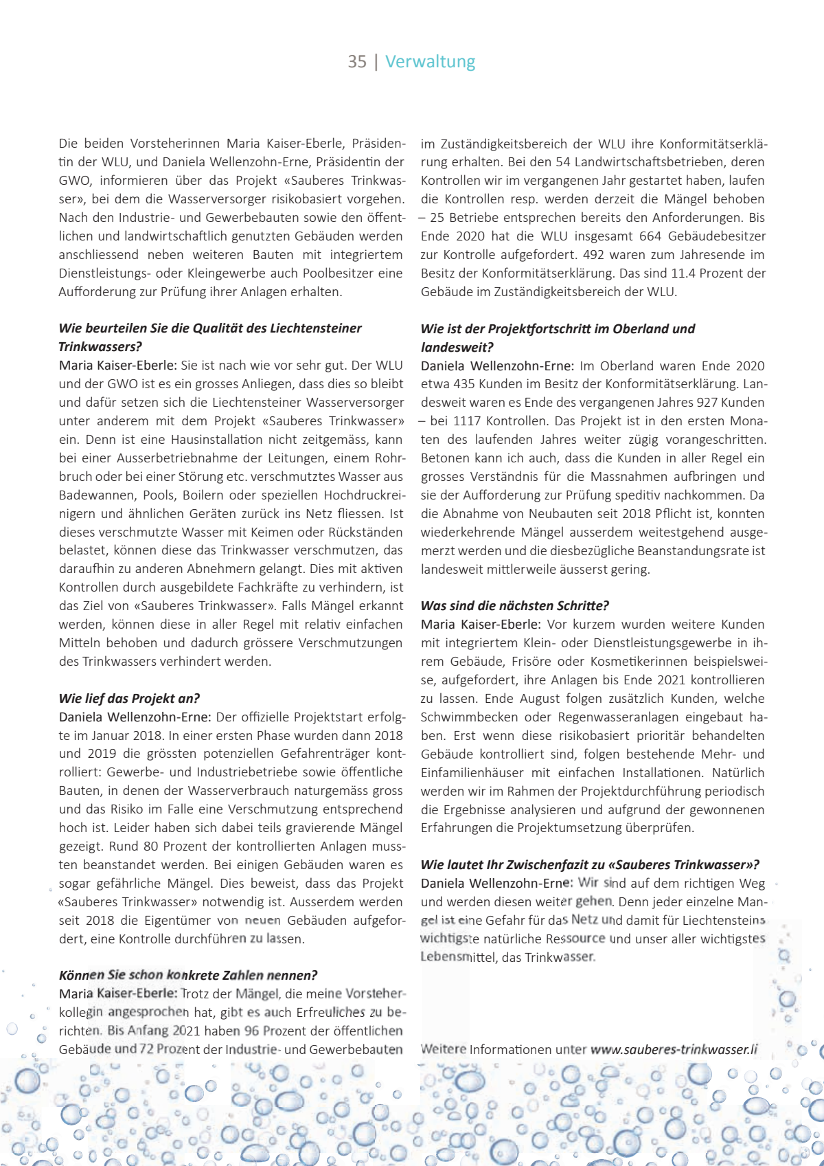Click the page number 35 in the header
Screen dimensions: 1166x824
pyautogui.click(x=357, y=62)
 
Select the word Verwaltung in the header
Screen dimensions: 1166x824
pyautogui.click(x=430, y=62)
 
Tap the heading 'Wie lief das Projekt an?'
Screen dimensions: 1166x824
pyautogui.click(x=129, y=698)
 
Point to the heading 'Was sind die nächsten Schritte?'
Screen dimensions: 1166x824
pyautogui.click(x=515, y=605)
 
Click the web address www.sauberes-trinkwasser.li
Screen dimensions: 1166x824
pyautogui.click(x=674, y=1049)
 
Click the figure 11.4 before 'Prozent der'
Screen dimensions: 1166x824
pyautogui.click(x=683, y=273)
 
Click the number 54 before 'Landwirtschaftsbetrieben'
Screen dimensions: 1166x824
pyautogui.click(x=563, y=162)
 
